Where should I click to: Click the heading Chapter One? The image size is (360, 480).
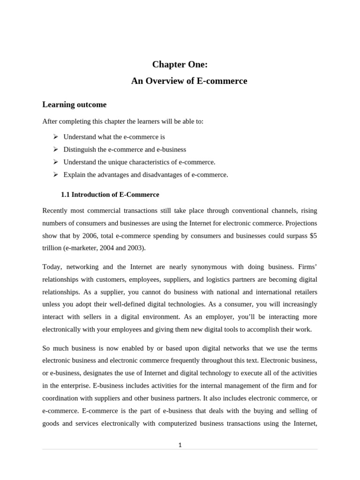click(x=180, y=65)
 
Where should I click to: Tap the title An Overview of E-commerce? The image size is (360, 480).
click(x=189, y=81)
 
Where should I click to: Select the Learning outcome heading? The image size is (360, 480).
click(x=75, y=105)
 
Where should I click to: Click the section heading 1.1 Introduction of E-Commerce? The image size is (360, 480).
click(x=110, y=195)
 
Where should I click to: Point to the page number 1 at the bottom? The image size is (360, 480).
click(x=180, y=445)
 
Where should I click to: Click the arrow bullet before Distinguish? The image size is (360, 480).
click(x=55, y=149)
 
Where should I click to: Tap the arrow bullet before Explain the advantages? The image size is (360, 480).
click(x=55, y=174)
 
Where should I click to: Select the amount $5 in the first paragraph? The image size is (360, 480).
click(x=313, y=236)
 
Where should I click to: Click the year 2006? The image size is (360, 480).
click(x=90, y=236)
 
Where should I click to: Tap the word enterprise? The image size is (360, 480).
click(x=72, y=386)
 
